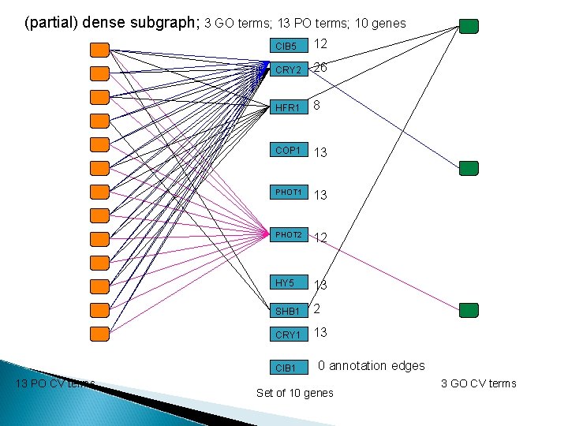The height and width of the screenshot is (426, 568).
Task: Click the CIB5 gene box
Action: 286,47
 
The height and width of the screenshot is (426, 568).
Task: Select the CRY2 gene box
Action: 287,70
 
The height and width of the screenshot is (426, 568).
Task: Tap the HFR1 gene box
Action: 287,107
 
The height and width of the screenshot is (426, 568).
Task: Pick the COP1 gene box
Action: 287,150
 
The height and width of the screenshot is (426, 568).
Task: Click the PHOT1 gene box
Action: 287,192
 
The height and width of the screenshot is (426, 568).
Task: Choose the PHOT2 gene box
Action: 287,234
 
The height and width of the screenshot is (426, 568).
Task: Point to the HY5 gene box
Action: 287,283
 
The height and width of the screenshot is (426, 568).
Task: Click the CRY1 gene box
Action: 287,335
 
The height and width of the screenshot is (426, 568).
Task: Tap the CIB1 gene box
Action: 287,368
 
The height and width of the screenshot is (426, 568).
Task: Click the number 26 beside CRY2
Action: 320,68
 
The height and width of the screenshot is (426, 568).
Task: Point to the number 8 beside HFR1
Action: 316,104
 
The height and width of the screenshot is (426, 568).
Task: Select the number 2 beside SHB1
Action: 316,309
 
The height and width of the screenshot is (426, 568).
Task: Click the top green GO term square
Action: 469,27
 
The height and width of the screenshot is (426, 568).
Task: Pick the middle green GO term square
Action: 469,167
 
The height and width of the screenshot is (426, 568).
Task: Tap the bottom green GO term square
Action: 469,310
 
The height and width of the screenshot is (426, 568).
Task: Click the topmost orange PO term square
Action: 99,50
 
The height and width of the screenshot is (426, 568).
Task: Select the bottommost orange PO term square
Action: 99,334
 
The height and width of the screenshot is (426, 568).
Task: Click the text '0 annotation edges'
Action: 371,365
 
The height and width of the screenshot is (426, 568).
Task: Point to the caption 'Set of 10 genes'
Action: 295,393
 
